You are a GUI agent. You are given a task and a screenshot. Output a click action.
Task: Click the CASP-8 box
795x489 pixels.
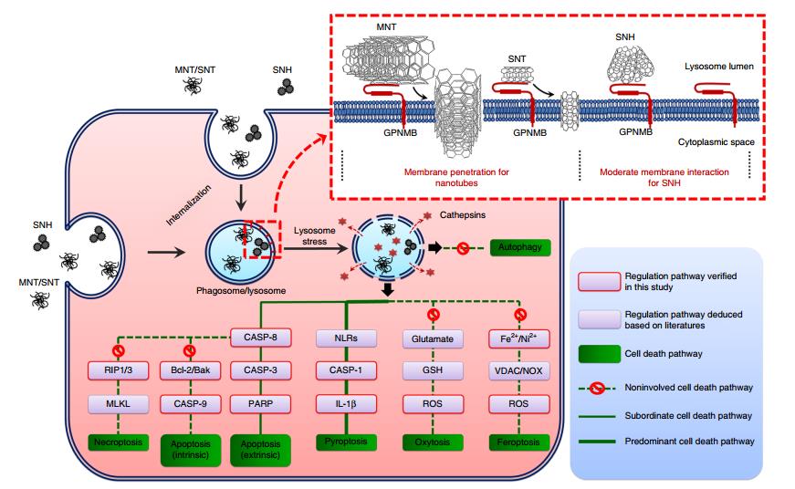(x=261, y=338)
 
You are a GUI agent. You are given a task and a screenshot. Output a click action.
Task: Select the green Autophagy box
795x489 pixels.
(x=519, y=247)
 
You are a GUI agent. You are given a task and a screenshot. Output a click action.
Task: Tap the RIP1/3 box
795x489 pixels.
(x=118, y=370)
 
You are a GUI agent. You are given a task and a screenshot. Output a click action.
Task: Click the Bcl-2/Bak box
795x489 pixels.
(x=190, y=370)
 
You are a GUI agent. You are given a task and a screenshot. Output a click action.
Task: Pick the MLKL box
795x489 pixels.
(x=118, y=404)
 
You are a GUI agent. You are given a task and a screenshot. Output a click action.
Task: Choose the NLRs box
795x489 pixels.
(x=346, y=338)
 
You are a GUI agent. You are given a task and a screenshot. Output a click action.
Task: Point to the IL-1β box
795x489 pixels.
(x=346, y=404)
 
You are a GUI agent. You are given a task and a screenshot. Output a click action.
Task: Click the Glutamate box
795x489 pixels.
(x=433, y=339)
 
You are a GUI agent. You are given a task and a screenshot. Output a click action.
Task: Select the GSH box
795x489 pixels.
(x=433, y=370)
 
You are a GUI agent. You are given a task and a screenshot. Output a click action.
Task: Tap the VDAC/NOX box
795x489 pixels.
(x=518, y=370)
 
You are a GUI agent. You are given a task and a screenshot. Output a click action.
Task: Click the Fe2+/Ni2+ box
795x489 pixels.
(x=518, y=338)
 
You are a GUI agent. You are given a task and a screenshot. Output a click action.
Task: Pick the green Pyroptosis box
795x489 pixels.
(x=346, y=442)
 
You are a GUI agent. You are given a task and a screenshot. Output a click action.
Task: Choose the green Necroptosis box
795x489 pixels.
(x=118, y=442)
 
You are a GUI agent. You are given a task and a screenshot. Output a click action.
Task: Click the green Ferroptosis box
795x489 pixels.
(x=518, y=442)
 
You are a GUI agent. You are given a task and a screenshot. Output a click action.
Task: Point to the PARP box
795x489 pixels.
(x=261, y=404)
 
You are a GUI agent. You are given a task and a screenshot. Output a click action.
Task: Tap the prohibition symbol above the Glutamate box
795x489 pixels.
(x=433, y=315)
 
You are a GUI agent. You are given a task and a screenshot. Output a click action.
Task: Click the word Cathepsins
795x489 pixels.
(x=463, y=215)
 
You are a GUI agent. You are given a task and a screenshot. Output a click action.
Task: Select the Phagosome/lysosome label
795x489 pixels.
(x=241, y=291)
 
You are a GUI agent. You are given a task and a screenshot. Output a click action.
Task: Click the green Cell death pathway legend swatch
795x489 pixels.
(x=600, y=354)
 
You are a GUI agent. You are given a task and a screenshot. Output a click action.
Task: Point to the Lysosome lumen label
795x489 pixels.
(x=719, y=67)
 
